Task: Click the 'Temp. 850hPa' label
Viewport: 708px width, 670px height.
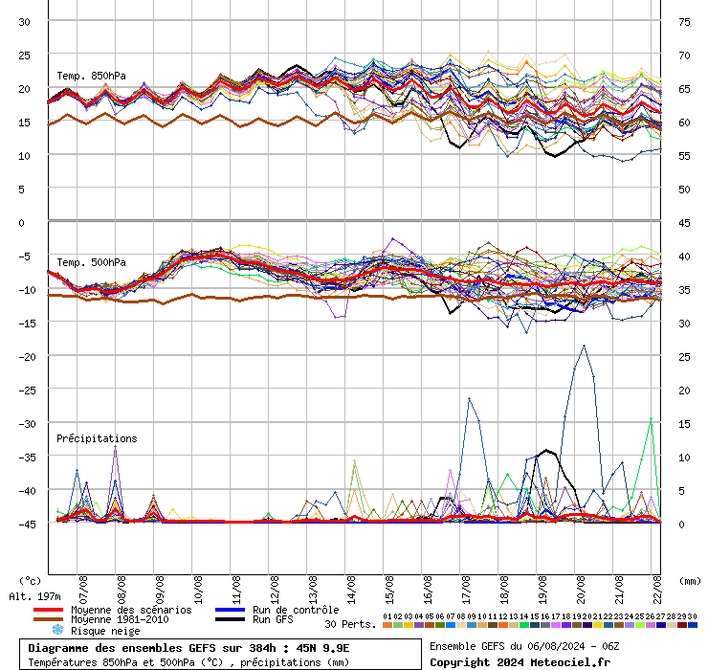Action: (x=91, y=76)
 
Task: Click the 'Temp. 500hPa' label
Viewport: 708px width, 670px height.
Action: (x=91, y=262)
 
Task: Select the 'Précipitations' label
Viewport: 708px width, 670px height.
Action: (x=97, y=438)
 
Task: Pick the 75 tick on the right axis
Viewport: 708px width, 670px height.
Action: (x=684, y=21)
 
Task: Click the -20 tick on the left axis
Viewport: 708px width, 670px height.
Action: (x=27, y=356)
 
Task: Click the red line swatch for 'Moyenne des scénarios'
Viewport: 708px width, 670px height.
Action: (x=48, y=610)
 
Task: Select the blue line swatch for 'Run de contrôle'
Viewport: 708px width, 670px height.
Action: (x=229, y=610)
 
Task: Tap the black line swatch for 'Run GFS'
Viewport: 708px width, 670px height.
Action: (x=229, y=620)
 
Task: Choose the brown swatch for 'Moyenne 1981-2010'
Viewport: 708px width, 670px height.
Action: (x=48, y=620)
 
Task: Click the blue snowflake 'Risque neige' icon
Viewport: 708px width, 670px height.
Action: (x=56, y=631)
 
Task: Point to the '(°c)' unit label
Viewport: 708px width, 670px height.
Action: (x=30, y=580)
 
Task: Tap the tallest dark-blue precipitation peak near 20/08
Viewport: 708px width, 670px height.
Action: (x=584, y=346)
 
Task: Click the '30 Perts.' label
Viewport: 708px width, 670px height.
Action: (x=350, y=624)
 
